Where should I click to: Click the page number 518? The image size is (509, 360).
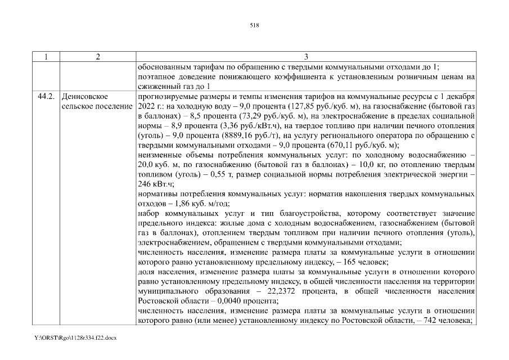coord(254,25)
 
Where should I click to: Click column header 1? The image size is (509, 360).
coord(46,56)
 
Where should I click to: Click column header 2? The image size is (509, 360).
coord(98,56)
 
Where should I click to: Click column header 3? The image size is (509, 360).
coord(305,56)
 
